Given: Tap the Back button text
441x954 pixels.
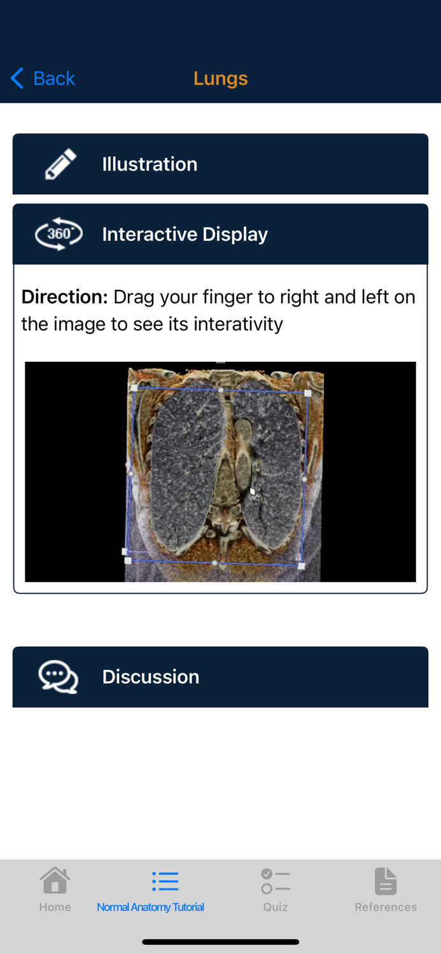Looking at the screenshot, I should point(54,78).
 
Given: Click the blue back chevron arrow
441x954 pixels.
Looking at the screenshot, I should point(17,78).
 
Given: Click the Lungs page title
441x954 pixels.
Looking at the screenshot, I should point(220,78).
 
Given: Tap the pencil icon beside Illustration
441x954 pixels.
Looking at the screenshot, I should point(60,164).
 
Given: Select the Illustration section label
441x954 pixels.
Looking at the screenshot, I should point(150,164).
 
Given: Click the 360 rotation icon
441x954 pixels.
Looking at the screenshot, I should point(59,234).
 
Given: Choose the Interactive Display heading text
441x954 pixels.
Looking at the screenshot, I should point(185,234).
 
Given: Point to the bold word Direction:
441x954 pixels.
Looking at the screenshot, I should point(64,297).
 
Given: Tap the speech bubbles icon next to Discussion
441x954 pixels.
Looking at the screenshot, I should point(59,677).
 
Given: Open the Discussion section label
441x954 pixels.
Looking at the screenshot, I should point(150,677).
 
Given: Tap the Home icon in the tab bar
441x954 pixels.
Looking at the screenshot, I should point(55,881).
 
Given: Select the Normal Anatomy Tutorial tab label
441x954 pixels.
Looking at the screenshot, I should point(150,907).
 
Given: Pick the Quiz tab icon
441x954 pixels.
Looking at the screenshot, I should point(275,881).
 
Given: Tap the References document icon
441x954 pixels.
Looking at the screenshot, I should point(386,881).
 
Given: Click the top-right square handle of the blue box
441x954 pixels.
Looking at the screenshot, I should point(308,393).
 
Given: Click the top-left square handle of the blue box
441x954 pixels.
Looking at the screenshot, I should point(134,387).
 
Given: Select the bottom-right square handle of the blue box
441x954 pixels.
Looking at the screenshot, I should point(302,565).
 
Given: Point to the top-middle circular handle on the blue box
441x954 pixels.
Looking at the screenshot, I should point(221,390).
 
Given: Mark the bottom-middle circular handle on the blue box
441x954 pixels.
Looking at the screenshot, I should point(215,563).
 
